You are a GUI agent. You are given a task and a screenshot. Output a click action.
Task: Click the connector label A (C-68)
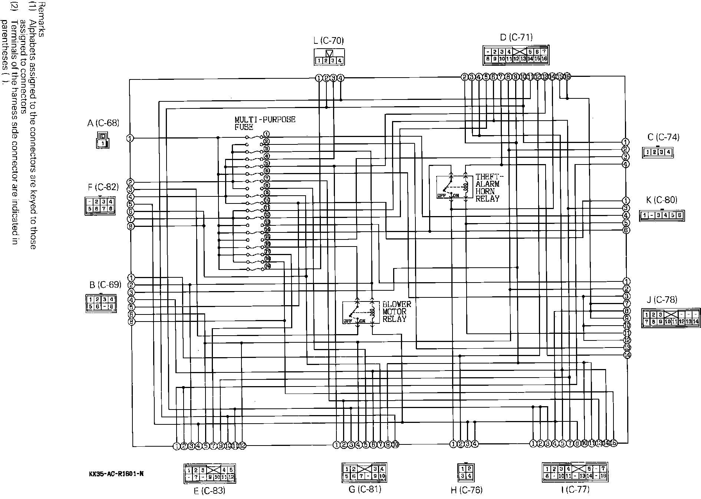point(103,123)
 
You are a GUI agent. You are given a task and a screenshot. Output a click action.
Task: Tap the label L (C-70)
point(329,41)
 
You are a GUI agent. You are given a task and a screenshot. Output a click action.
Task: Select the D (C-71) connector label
point(516,37)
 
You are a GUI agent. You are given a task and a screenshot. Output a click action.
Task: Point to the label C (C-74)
point(663,137)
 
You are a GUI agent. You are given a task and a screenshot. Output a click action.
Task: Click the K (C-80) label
point(661,200)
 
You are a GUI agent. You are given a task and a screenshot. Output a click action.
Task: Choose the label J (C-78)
point(661,300)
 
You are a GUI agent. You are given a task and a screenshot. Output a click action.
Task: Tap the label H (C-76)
point(466,490)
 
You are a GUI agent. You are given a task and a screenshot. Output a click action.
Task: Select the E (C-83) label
point(209,491)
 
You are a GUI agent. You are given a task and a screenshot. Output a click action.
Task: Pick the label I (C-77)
point(575,490)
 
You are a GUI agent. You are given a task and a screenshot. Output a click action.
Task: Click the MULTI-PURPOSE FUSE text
point(264,123)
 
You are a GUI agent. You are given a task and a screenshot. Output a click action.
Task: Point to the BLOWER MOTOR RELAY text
point(396,312)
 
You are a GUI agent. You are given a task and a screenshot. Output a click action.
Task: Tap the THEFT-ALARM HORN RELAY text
point(487,188)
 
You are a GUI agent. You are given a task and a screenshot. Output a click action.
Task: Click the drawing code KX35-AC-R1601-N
point(116,474)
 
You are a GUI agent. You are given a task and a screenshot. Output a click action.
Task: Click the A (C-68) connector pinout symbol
point(103,140)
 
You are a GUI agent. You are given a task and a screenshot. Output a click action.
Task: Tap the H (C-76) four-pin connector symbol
point(466,472)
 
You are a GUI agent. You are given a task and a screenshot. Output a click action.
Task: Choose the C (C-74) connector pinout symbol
point(657,152)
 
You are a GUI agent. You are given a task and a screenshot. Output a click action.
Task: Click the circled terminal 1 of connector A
point(130,138)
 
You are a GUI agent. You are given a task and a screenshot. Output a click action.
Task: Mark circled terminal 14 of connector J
point(627,355)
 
